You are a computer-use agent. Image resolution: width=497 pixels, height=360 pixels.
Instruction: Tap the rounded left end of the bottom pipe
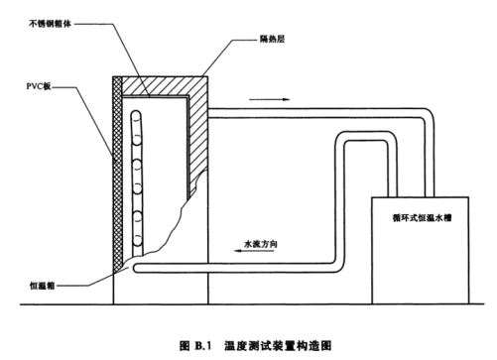(x=135, y=268)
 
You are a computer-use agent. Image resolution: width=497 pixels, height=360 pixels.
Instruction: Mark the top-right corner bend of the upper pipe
(x=433, y=112)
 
